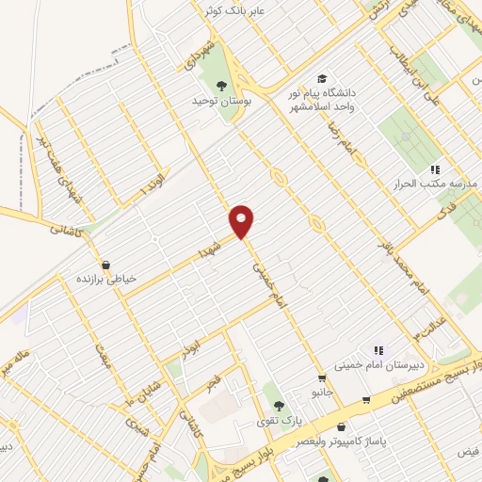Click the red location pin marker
[243, 221]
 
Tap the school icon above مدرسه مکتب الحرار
[434, 169]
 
